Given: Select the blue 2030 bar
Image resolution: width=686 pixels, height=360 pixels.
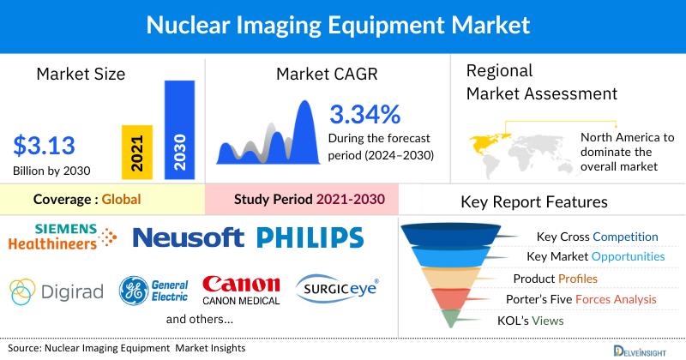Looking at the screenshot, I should point(178,130).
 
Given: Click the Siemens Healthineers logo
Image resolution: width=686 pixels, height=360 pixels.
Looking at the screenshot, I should point(63,236).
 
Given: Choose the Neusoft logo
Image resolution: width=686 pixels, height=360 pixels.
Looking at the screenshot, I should point(190,237).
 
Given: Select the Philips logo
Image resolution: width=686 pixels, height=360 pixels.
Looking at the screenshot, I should point(310,237).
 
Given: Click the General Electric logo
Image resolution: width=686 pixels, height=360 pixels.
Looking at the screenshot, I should point(153,289).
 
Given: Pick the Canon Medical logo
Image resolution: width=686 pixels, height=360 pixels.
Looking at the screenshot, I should point(241,290).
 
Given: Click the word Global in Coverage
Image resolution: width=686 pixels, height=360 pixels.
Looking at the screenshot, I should point(121,200).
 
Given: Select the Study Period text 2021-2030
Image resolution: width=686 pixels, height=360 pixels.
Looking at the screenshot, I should point(348,200).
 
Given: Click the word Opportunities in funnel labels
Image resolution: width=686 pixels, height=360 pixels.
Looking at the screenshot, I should point(623,256).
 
